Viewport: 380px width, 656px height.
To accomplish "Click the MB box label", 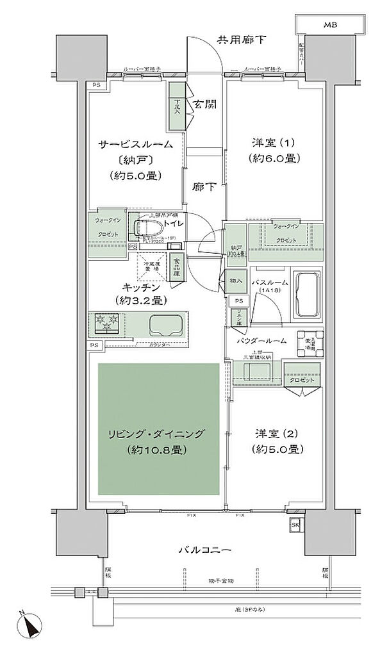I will [329, 24].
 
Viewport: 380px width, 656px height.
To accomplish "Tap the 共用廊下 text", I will [240, 40].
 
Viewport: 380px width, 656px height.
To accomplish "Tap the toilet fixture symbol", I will [147, 229].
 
